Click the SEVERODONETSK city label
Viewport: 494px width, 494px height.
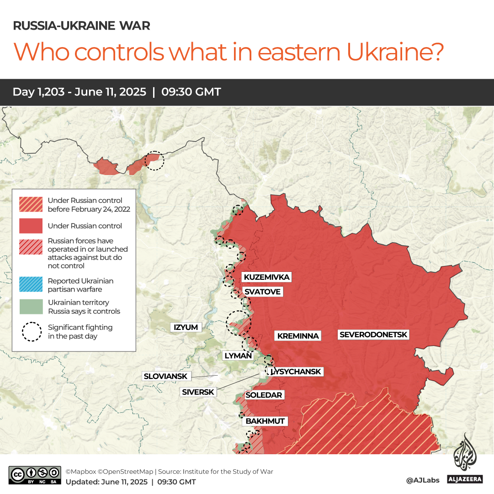click(x=374, y=335)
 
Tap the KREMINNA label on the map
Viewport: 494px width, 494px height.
click(x=298, y=336)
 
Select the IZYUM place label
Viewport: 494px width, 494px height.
click(x=186, y=327)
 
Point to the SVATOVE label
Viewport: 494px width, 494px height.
click(x=262, y=292)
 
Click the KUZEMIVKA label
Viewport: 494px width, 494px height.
click(x=266, y=277)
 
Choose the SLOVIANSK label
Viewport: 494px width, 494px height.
click(x=165, y=377)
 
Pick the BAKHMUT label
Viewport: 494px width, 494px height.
click(x=265, y=421)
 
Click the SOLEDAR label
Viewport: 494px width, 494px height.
click(x=264, y=395)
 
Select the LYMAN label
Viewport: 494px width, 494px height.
click(x=238, y=356)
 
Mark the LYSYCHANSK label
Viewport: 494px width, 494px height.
click(x=296, y=372)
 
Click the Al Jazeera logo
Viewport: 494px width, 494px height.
click(x=465, y=459)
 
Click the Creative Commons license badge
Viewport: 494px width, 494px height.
click(x=35, y=475)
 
